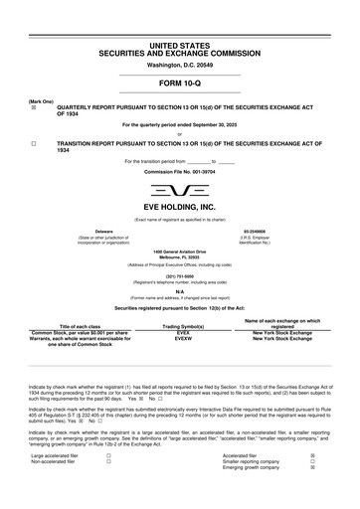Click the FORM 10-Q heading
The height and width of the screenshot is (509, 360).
tap(179, 84)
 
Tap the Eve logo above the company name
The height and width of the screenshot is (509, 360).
tap(179, 191)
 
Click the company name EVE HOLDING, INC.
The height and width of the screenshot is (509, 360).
tap(179, 209)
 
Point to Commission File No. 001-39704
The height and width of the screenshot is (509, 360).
tap(179, 172)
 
